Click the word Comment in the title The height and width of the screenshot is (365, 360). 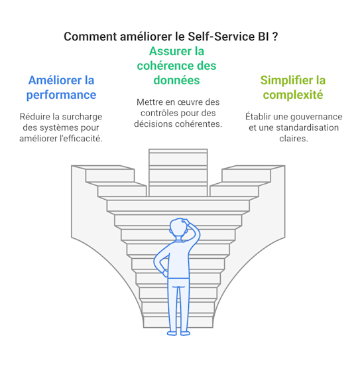(x=90, y=36)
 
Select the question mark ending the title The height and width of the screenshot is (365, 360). (x=274, y=36)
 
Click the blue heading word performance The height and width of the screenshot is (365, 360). (x=61, y=96)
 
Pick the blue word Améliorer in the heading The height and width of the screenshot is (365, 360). (x=55, y=80)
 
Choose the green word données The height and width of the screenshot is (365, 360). (x=176, y=80)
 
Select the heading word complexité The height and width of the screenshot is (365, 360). (x=293, y=95)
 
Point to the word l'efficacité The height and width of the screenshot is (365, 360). (x=81, y=139)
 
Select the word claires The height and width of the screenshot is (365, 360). (x=294, y=139)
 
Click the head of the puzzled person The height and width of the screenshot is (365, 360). (x=179, y=227)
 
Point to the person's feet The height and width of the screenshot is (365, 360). (x=178, y=333)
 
